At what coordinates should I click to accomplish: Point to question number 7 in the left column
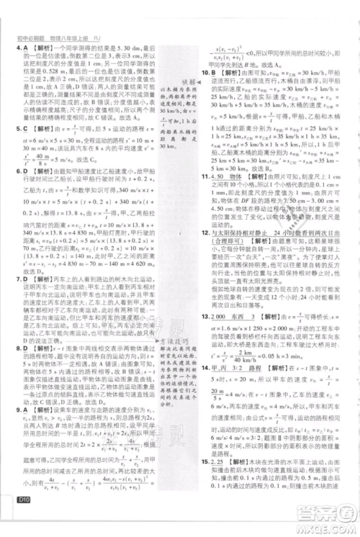point(17,277)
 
